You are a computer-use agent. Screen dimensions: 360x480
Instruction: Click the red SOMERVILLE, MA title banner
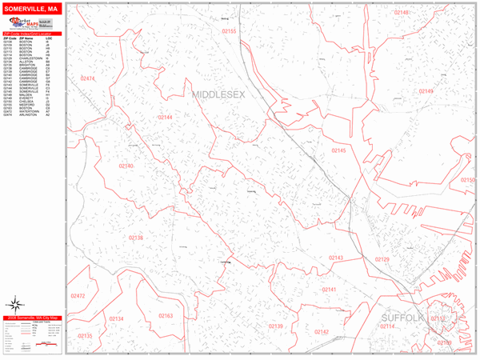31,8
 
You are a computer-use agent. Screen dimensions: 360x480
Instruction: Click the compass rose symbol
15,304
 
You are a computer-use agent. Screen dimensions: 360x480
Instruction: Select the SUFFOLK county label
401,318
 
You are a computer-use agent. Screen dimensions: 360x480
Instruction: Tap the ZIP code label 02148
401,13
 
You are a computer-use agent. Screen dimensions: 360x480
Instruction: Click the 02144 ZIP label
166,117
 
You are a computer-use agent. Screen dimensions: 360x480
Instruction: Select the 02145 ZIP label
339,150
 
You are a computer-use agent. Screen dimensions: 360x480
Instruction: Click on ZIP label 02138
135,238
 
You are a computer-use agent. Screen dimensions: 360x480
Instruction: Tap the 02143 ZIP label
336,258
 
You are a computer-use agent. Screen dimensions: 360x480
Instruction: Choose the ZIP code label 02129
382,259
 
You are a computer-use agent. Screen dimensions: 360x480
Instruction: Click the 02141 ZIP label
329,290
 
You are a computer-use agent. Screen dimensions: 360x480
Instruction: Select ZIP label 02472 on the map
78,295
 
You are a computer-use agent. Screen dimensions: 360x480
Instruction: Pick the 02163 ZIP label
166,316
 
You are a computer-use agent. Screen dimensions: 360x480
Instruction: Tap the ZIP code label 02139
276,326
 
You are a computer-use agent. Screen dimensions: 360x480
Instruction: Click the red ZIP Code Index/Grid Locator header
31,32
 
